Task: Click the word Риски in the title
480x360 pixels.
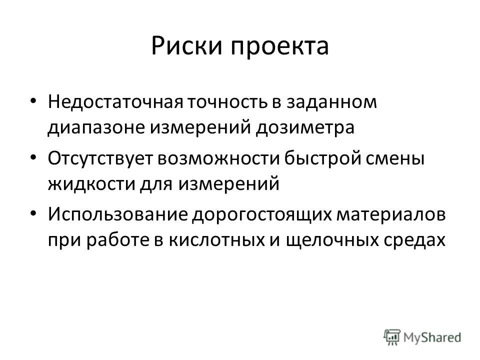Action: (x=186, y=46)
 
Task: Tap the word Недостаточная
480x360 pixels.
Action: (x=115, y=102)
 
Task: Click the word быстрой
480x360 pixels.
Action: (x=322, y=159)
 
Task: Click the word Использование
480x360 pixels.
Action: (x=117, y=215)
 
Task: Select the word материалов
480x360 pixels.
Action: (x=391, y=215)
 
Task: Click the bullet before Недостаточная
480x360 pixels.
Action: (x=33, y=101)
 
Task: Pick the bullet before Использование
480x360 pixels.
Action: (x=33, y=213)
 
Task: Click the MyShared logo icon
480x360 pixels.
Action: (x=392, y=337)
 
